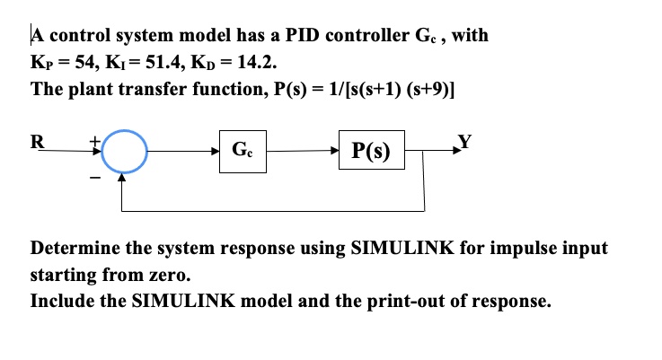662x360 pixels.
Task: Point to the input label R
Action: (x=37, y=141)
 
